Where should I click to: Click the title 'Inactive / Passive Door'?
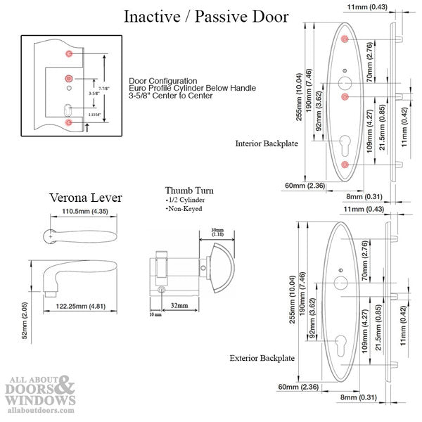tap(206, 17)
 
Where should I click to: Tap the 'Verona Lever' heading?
tap(85, 198)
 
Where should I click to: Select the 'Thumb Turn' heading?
tap(189, 191)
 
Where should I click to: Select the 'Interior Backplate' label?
tap(267, 143)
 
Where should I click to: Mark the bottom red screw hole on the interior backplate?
tap(345, 164)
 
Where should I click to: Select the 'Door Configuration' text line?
tap(163, 81)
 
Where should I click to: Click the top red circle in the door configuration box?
tap(68, 53)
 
